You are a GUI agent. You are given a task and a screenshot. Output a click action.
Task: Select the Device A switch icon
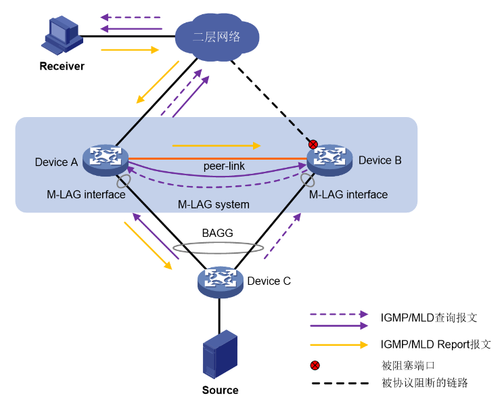(106, 158)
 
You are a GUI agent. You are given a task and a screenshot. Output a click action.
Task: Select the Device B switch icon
(330, 159)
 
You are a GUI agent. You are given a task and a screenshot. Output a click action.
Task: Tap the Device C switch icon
(221, 280)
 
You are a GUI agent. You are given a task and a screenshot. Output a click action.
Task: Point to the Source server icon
(221, 356)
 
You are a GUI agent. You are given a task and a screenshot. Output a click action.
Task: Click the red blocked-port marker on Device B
(313, 144)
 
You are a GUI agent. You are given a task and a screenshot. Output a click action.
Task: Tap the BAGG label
(217, 233)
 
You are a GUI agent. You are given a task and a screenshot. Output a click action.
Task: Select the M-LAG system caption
(214, 204)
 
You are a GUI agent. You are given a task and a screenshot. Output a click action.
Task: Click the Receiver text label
(62, 66)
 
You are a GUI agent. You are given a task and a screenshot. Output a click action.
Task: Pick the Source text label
(221, 390)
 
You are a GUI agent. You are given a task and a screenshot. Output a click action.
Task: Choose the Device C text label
(269, 281)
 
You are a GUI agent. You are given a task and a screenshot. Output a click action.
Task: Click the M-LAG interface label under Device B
(348, 195)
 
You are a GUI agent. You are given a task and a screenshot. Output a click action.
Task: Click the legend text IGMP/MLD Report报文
(436, 344)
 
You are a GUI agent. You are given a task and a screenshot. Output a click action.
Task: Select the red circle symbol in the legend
(315, 365)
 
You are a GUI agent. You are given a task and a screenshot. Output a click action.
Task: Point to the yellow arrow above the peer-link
(216, 145)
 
